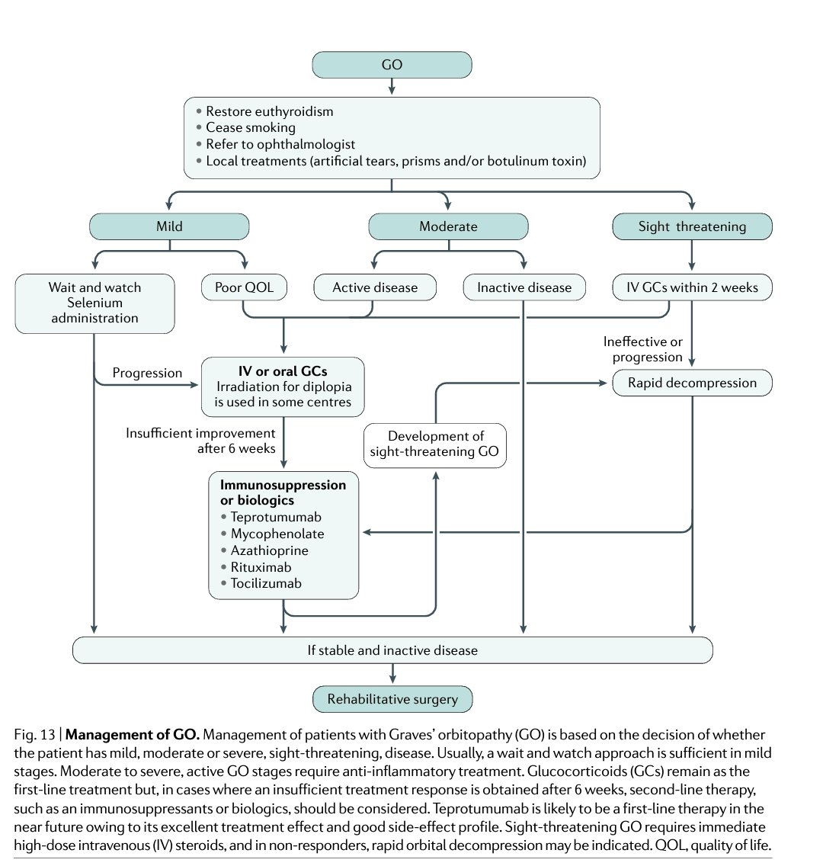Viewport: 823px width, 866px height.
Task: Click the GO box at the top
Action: [x=392, y=65]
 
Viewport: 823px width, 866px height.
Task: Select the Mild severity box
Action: [x=169, y=226]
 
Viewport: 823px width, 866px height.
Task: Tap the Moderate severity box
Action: [x=448, y=226]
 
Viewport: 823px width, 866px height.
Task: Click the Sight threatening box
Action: [x=692, y=226]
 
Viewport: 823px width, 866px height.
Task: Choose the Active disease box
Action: [x=375, y=287]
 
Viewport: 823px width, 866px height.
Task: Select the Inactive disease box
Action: [x=524, y=287]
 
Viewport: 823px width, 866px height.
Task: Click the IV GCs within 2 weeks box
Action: [x=692, y=287]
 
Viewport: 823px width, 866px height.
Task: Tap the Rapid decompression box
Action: [x=692, y=383]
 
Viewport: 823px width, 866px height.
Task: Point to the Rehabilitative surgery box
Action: [x=392, y=699]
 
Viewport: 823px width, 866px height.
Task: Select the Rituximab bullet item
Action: [x=261, y=567]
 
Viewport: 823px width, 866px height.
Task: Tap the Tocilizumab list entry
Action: [x=266, y=584]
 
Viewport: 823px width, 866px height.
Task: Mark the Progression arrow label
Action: [x=147, y=373]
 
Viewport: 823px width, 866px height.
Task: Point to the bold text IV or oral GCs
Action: [x=283, y=371]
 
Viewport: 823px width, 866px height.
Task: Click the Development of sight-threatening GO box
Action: [x=435, y=444]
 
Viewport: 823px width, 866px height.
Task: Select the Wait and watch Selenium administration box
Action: [x=94, y=303]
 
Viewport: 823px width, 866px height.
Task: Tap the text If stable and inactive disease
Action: [x=392, y=650]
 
